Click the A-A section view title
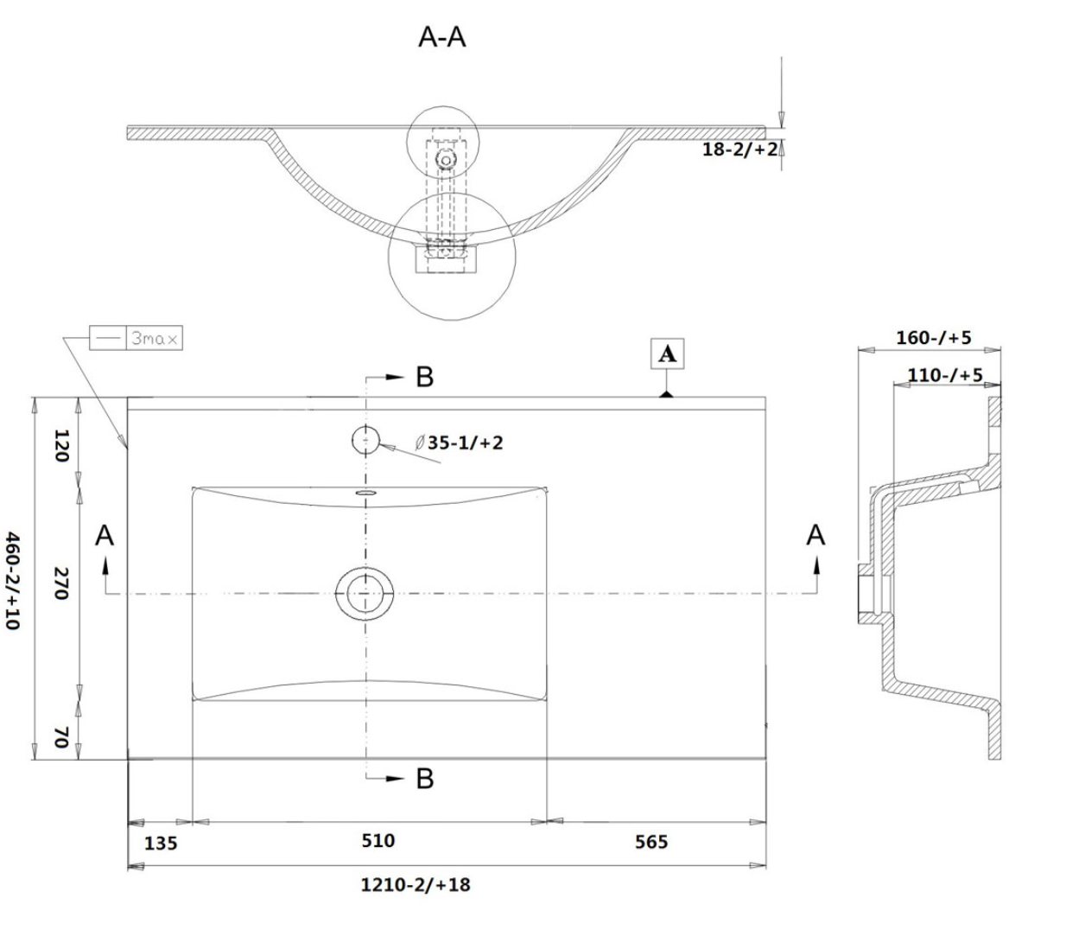441,37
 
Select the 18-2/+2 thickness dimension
739,149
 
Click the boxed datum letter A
667,354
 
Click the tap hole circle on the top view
366,440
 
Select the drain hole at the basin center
365,593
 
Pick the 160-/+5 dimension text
933,337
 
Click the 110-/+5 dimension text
944,375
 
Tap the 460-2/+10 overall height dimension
13,580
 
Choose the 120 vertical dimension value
61,445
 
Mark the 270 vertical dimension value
61,583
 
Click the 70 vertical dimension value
61,737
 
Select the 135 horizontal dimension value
161,843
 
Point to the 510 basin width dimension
378,840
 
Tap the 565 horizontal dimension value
650,842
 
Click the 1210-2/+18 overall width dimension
416,885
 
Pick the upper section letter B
424,377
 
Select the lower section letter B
424,779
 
